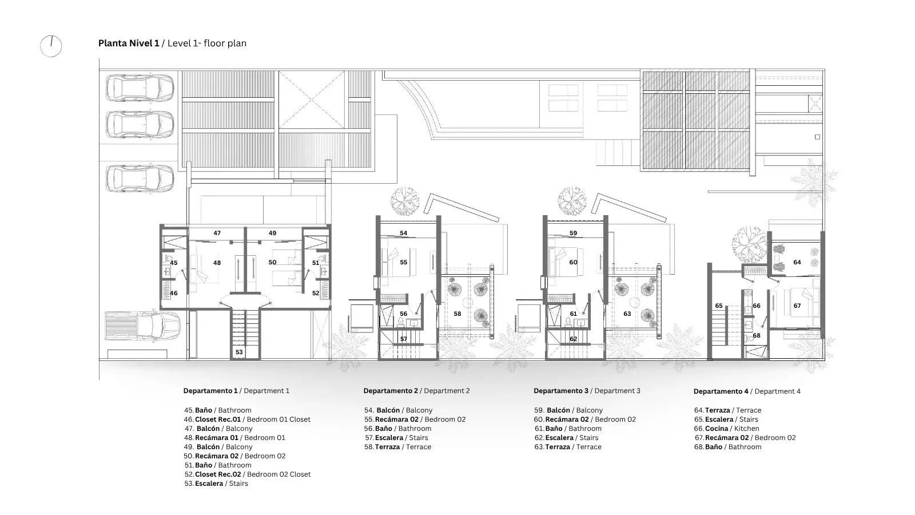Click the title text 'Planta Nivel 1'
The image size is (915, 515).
coord(129,43)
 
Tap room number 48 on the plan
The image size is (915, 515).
coord(217,263)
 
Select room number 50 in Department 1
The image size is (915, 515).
coord(272,263)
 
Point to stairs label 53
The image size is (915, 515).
coord(239,352)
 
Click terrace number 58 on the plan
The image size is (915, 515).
coord(457,314)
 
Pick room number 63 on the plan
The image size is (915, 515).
coord(627,314)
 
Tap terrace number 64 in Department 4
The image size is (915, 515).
coord(797,263)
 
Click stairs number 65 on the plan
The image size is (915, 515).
coord(719,306)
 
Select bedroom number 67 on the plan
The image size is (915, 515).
coord(797,306)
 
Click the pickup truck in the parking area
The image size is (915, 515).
coord(142,326)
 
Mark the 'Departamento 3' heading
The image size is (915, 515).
coord(561,391)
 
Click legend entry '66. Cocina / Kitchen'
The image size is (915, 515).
coord(727,429)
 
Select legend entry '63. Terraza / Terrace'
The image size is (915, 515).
coord(568,447)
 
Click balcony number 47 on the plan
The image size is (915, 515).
coord(217,233)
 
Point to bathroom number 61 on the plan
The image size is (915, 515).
coord(574,314)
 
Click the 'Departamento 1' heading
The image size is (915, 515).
coord(210,391)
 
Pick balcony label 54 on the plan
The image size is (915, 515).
coord(404,233)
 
